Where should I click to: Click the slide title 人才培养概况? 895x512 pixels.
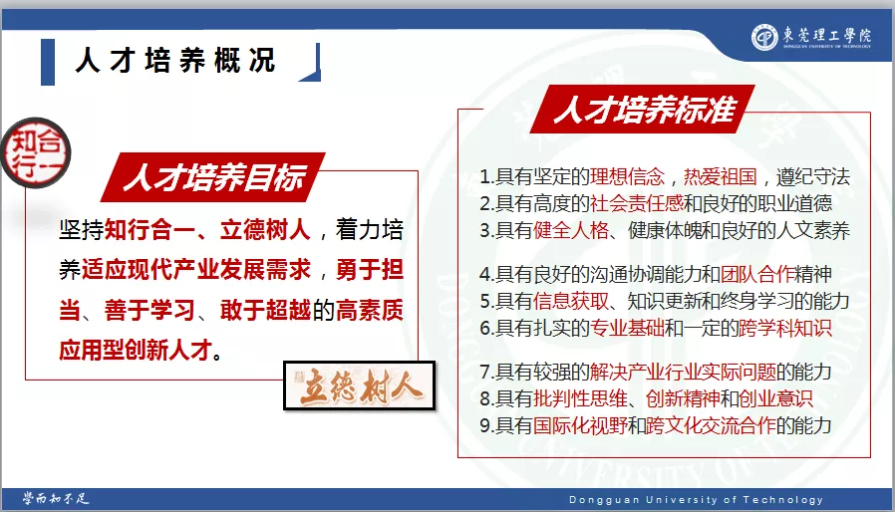tap(175, 61)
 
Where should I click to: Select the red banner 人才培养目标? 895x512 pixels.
tap(213, 177)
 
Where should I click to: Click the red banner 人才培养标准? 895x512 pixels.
tap(643, 109)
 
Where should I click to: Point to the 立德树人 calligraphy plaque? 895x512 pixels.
tap(360, 385)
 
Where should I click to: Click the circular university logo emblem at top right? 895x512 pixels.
tap(764, 38)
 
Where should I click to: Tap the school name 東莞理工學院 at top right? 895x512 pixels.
tap(827, 35)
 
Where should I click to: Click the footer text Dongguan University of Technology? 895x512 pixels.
tap(696, 500)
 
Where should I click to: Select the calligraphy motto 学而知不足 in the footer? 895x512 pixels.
tap(56, 499)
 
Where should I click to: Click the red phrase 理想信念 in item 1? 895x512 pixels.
tap(627, 177)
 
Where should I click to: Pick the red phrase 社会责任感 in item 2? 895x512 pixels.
tap(637, 203)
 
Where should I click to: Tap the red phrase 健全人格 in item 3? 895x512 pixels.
tap(571, 231)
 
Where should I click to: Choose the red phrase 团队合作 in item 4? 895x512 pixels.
tap(757, 275)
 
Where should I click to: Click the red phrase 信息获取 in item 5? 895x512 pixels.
tap(571, 301)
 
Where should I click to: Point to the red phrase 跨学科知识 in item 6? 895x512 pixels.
tap(785, 328)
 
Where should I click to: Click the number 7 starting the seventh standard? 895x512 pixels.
tap(484, 373)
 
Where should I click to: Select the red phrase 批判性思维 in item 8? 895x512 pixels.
tap(580, 398)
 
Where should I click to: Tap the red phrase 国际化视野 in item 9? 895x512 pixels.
tap(580, 425)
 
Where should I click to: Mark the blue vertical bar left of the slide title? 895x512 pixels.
tap(48, 62)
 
